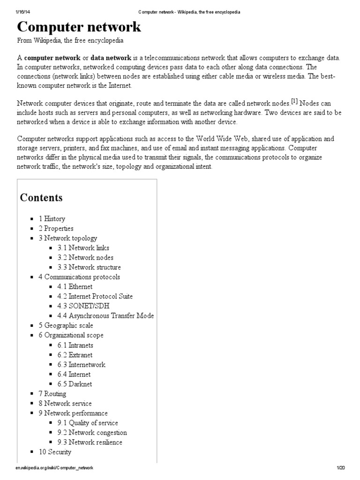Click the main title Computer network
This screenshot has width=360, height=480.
(79, 27)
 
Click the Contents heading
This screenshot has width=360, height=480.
(41, 197)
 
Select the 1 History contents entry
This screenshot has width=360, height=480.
(52, 218)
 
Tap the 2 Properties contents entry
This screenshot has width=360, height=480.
(56, 228)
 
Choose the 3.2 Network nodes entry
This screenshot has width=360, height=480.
(85, 257)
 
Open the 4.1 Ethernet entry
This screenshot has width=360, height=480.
(75, 286)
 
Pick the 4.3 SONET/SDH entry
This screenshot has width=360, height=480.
(80, 306)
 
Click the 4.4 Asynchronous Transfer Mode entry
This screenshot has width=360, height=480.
(105, 315)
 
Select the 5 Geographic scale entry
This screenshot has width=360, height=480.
(66, 325)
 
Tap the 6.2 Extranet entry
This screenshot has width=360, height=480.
(75, 355)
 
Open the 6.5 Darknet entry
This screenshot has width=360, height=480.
(75, 384)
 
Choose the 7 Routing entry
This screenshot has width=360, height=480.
(52, 394)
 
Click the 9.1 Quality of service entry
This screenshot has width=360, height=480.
(88, 423)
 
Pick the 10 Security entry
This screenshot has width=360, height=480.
(55, 452)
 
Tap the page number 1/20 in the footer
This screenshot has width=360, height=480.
(340, 468)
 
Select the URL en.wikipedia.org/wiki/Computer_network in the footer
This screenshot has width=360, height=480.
(54, 468)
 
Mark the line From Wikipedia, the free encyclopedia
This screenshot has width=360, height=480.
(70, 41)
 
